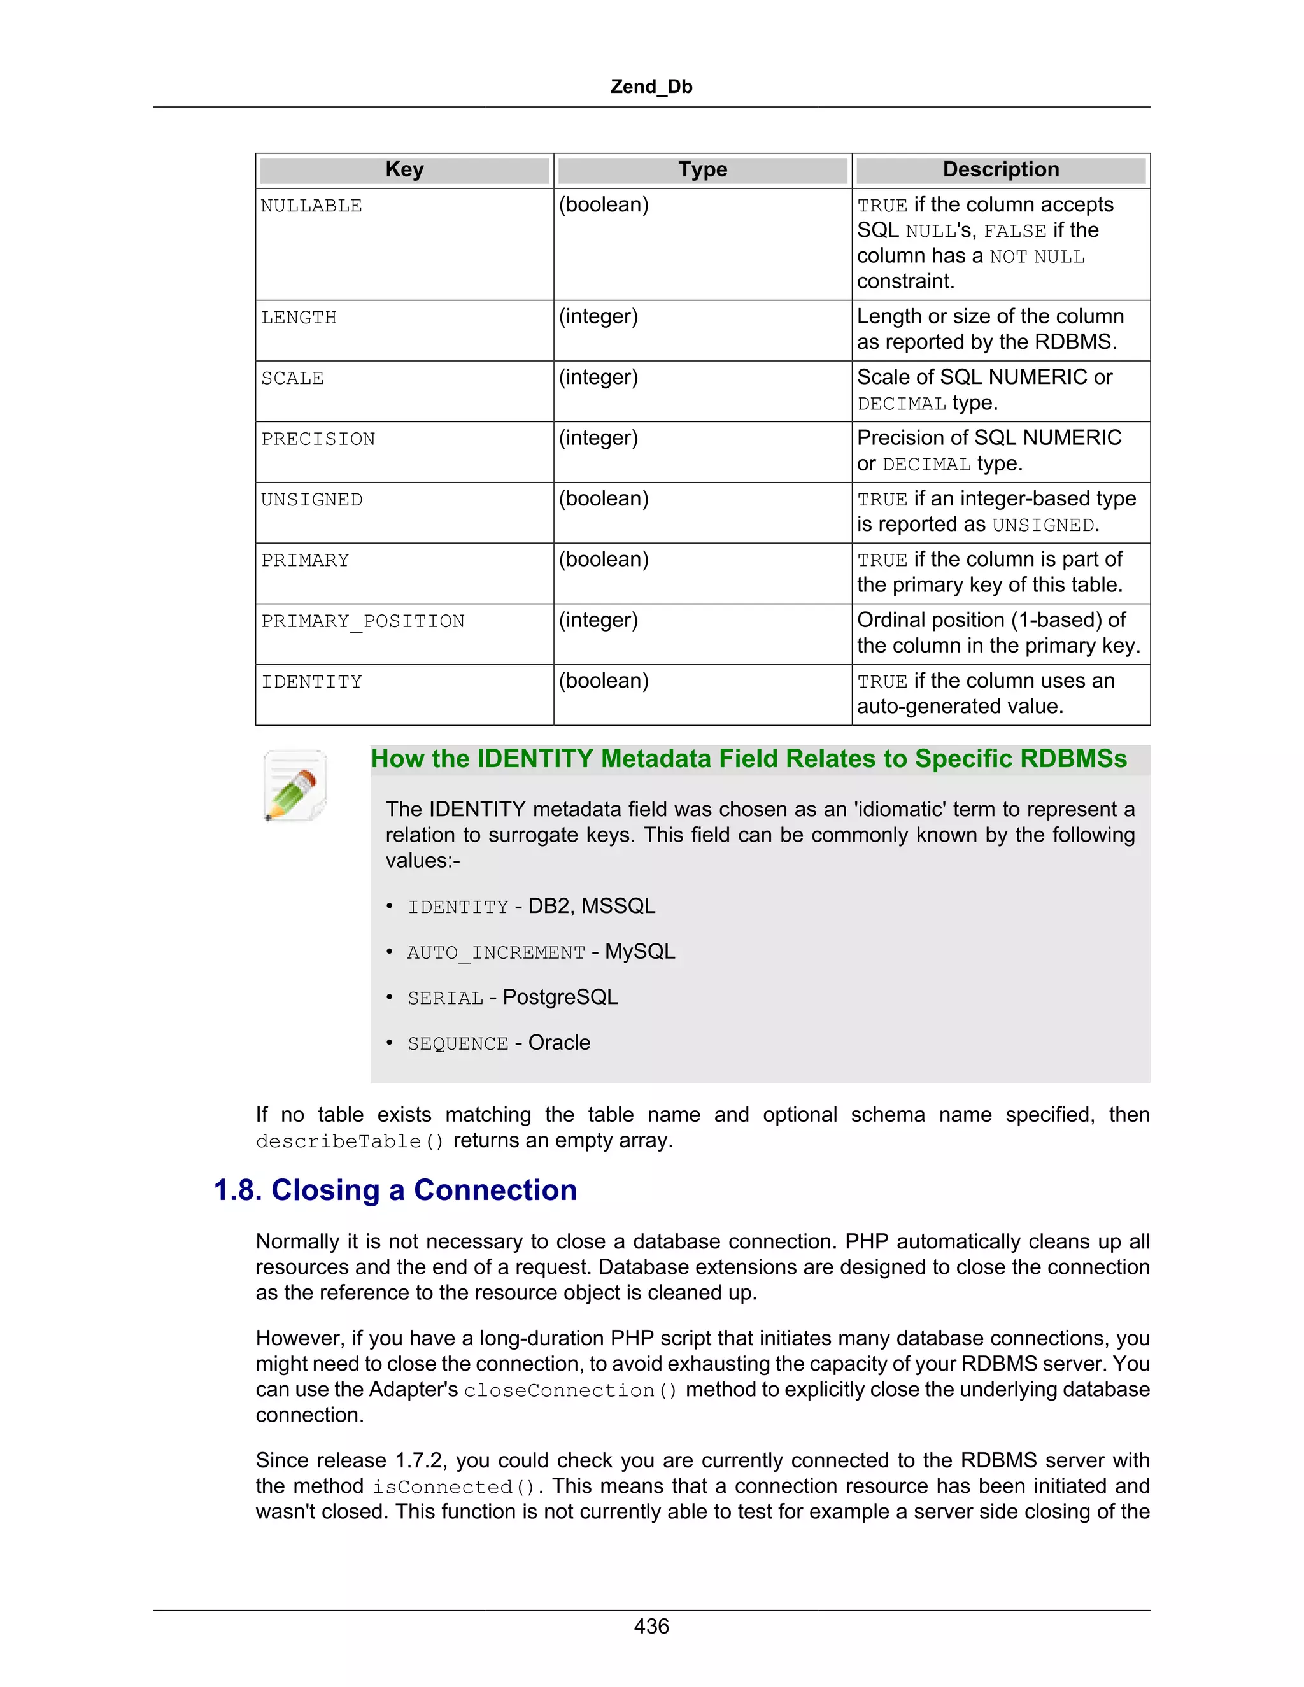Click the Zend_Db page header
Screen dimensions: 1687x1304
651,87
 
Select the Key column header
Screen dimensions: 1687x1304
404,170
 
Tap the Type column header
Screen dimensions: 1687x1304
702,170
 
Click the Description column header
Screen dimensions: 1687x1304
1000,170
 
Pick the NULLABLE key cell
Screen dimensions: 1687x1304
311,206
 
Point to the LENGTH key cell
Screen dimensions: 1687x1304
299,318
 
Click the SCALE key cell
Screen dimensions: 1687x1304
292,379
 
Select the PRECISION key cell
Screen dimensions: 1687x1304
318,439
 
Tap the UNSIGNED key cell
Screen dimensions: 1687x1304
311,500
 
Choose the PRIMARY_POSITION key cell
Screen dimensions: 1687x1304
363,622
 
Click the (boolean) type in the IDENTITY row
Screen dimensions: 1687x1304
604,681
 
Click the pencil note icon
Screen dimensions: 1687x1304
294,785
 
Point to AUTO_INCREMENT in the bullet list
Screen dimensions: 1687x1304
496,953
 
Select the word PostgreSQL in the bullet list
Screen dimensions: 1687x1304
560,998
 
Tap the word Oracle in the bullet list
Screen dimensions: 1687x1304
559,1043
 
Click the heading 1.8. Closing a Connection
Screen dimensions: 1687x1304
395,1190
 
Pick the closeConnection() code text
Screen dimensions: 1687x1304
570,1391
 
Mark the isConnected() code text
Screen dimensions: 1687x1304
454,1488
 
